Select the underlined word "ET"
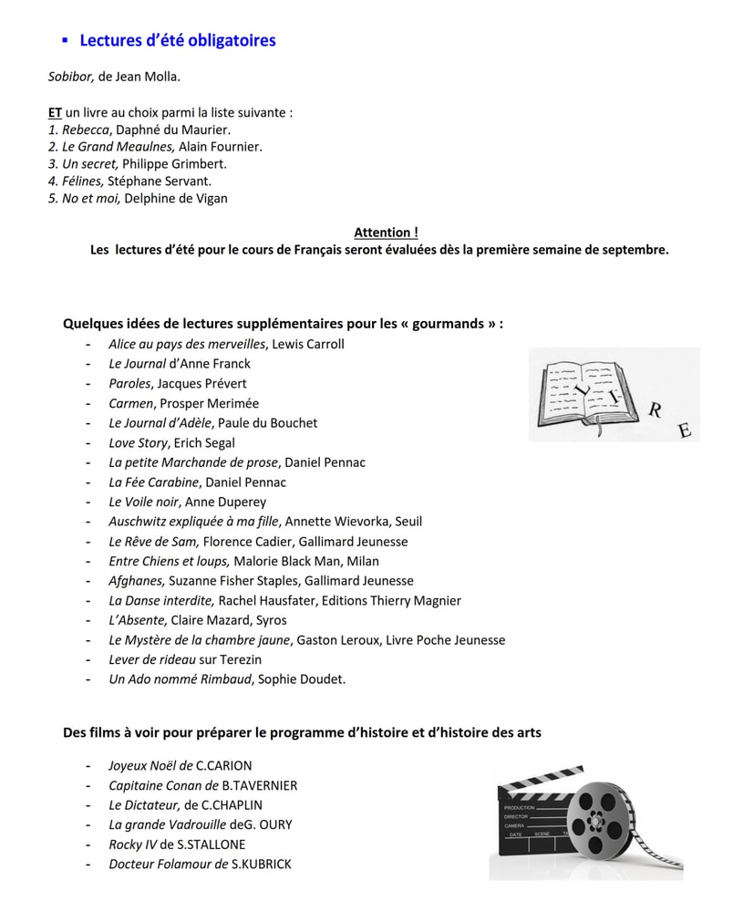click(x=55, y=113)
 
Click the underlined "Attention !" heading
click(x=386, y=233)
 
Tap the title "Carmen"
click(x=130, y=403)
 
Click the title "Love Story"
click(x=138, y=442)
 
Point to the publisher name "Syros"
click(x=272, y=620)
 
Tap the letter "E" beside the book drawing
click(x=685, y=430)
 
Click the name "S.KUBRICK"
click(x=262, y=864)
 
